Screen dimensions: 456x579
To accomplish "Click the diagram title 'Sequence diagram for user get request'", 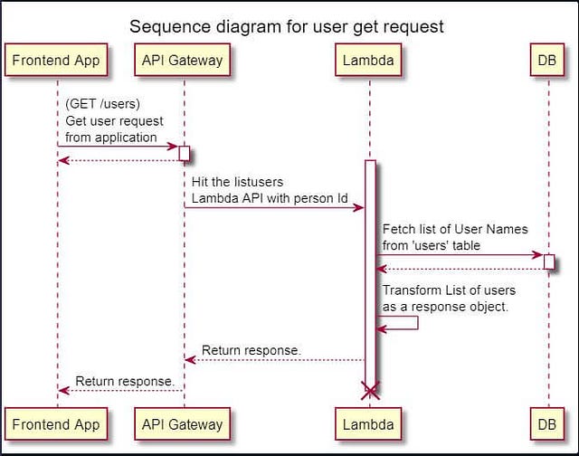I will click(x=287, y=25).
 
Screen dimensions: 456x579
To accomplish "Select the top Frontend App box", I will click(x=57, y=61).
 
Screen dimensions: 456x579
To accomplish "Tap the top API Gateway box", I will click(x=183, y=61).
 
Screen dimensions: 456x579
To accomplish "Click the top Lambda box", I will click(x=368, y=61).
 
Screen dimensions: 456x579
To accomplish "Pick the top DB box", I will click(x=547, y=61).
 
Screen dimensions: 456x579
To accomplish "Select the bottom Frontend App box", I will click(x=57, y=423).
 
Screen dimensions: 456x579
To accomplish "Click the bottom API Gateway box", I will click(x=183, y=423).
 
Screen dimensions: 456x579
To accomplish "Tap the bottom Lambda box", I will click(x=368, y=423).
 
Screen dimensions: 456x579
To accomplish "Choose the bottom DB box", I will click(x=547, y=423).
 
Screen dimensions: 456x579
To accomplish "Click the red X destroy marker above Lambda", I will click(x=369, y=391).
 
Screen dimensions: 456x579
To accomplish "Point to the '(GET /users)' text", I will click(x=102, y=104).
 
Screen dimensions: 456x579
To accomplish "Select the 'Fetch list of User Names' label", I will click(x=454, y=229).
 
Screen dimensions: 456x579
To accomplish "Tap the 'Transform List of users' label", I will click(x=449, y=290).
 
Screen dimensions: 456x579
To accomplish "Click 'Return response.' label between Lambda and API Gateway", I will click(x=251, y=350).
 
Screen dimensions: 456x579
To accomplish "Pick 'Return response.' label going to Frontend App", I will click(x=124, y=381).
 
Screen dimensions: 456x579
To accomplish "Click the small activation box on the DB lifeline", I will click(x=548, y=261).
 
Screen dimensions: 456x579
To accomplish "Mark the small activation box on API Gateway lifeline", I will click(x=184, y=153).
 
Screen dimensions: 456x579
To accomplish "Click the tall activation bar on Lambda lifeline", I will click(x=369, y=271).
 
